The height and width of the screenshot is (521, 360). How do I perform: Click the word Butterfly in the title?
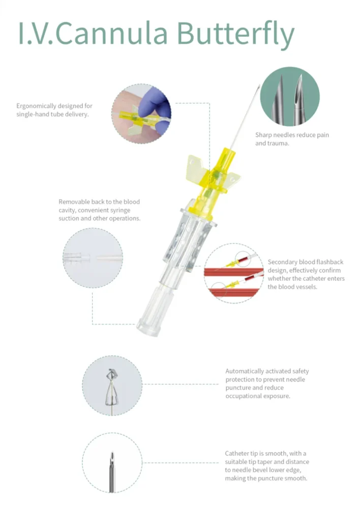pos(235,34)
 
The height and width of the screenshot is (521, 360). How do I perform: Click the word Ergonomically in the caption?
pos(36,106)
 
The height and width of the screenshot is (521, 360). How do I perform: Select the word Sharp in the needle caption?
pos(263,135)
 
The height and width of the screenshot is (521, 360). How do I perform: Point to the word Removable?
pos(74,201)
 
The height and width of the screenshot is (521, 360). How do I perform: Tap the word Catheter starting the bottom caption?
pos(237,453)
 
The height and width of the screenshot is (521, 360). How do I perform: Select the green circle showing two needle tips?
pos(290,96)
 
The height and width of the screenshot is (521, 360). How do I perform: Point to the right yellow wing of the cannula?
pos(232,182)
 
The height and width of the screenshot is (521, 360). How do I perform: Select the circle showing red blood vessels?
pos(234,273)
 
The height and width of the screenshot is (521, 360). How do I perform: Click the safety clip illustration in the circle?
pos(112,388)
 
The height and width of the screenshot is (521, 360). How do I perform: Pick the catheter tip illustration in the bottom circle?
pos(112,472)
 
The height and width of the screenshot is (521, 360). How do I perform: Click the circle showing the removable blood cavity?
pos(93,258)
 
